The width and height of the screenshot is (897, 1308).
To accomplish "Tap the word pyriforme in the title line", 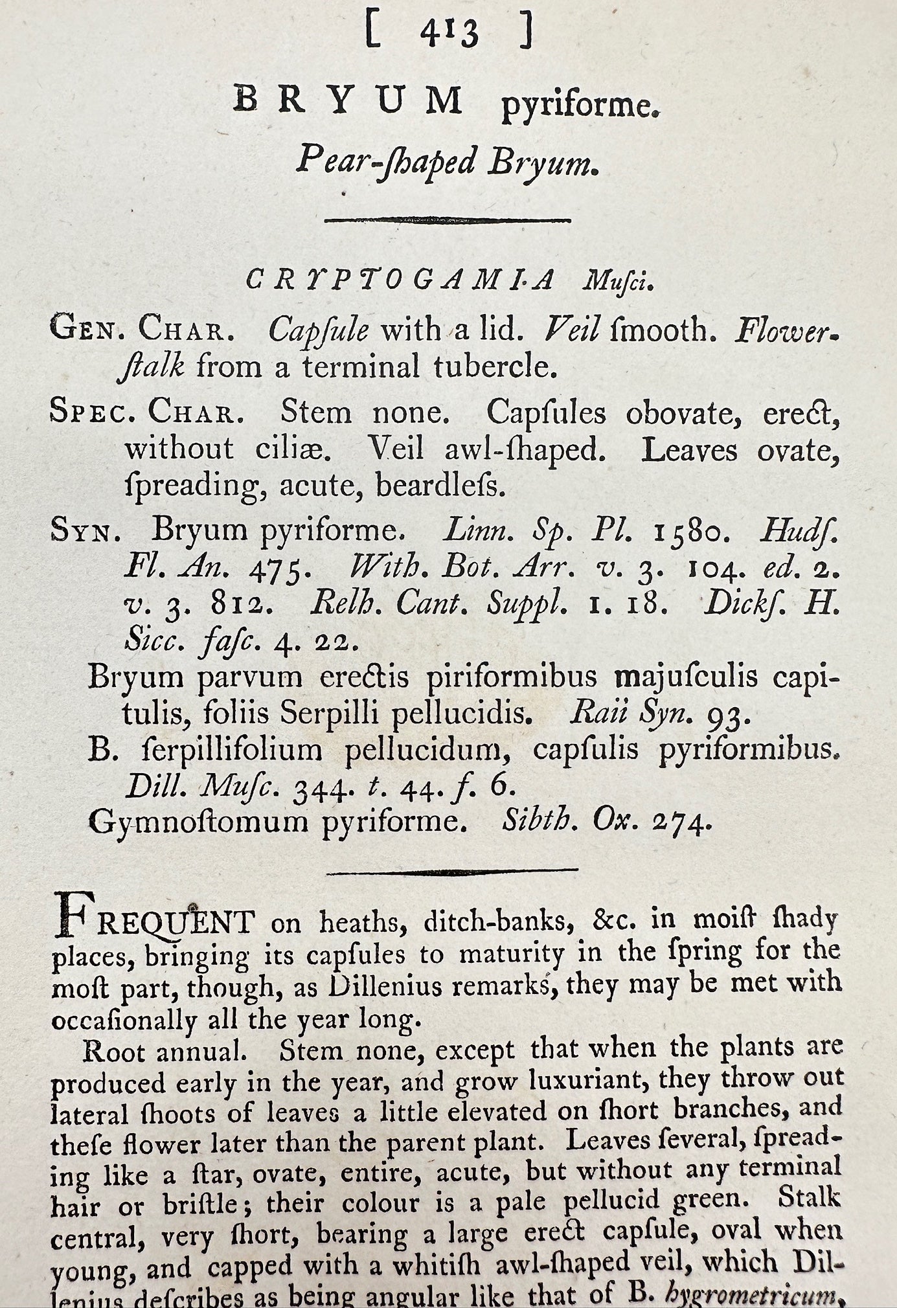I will (x=580, y=106).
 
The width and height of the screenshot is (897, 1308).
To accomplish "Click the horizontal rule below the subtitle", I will (x=448, y=220).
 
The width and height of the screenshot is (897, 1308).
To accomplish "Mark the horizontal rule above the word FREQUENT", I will (x=451, y=872).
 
